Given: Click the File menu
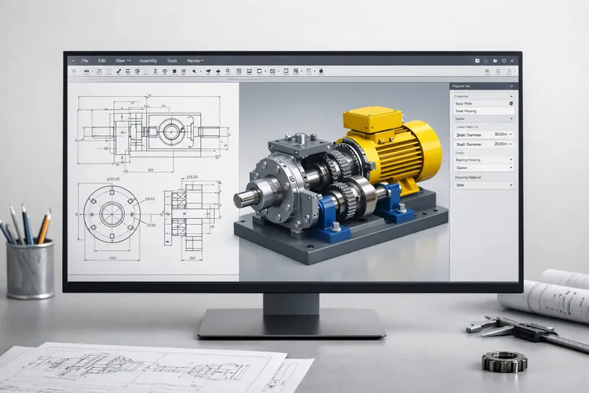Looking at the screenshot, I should (85, 60).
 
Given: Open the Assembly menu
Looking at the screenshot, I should (148, 60).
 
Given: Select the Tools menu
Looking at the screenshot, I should (172, 60).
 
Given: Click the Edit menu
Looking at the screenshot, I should (101, 60).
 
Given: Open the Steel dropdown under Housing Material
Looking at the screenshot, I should (483, 185).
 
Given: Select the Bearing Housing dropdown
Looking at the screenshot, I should (483, 159).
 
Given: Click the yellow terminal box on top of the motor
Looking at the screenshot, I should (372, 120).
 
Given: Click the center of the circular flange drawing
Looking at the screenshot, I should (112, 213).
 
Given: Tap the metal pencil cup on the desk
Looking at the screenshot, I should (29, 268).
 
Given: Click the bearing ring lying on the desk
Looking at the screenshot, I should (504, 361).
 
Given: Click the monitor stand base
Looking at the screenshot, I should (291, 324).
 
